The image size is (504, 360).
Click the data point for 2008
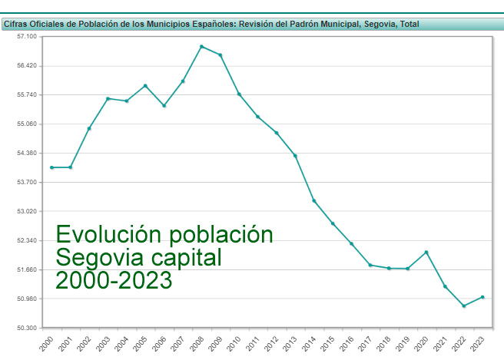point(201,46)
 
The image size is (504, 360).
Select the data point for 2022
point(463,306)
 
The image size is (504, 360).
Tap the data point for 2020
point(426,252)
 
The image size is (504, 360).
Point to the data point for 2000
point(51,167)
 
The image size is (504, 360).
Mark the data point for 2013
point(295,156)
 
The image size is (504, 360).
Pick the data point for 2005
point(145,85)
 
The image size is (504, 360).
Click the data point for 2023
point(482,297)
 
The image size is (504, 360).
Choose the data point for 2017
point(370,265)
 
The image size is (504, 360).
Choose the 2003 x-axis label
point(102,343)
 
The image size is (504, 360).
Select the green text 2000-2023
point(114,280)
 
